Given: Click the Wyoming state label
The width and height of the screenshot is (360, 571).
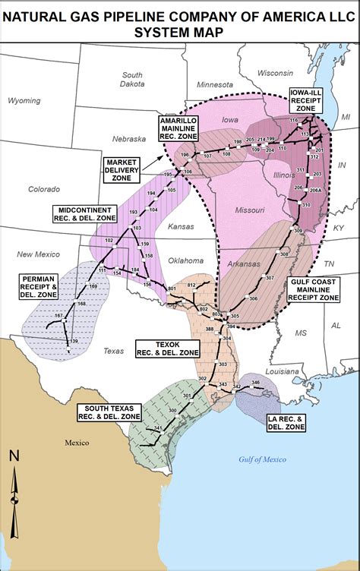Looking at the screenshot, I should point(25,100).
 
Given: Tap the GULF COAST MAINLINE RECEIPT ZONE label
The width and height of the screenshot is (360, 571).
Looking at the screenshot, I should point(317,289).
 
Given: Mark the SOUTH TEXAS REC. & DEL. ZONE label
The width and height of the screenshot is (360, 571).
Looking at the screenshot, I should point(108,412).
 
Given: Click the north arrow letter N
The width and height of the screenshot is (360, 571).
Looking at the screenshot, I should point(14,456).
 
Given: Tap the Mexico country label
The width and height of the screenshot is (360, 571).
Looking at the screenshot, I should point(77,442).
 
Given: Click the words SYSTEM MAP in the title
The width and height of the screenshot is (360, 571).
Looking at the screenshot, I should point(179,31).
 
